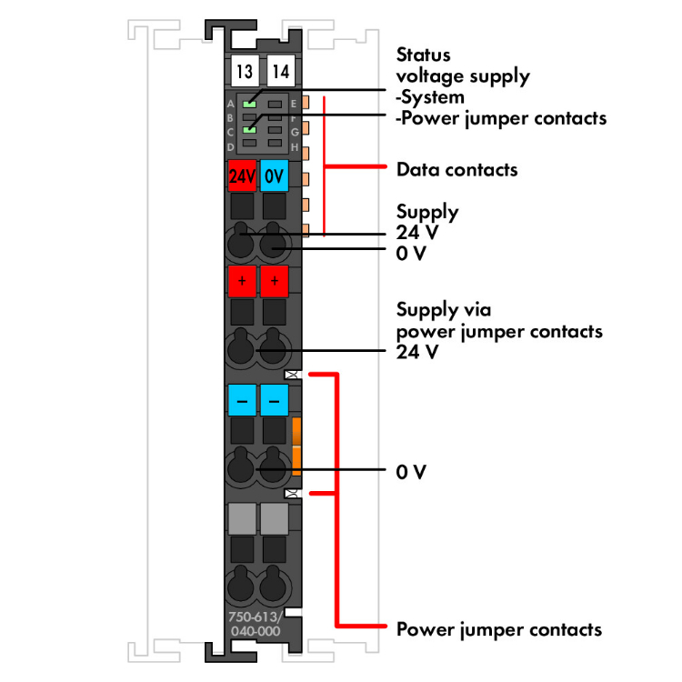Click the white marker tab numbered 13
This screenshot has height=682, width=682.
[x=243, y=71]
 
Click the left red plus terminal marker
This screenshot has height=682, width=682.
[x=243, y=282]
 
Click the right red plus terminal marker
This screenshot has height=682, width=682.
[x=274, y=282]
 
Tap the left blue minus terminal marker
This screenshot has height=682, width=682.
[x=243, y=399]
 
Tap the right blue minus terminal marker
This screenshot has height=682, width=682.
[x=274, y=399]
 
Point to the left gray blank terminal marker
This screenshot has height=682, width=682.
[x=243, y=518]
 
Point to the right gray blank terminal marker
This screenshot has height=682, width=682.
[x=274, y=518]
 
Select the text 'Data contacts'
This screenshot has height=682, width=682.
[x=457, y=169]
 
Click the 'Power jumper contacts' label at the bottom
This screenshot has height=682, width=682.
[x=499, y=629]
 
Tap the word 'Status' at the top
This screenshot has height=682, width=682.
[x=423, y=56]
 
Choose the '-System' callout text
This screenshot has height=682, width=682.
[x=430, y=97]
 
